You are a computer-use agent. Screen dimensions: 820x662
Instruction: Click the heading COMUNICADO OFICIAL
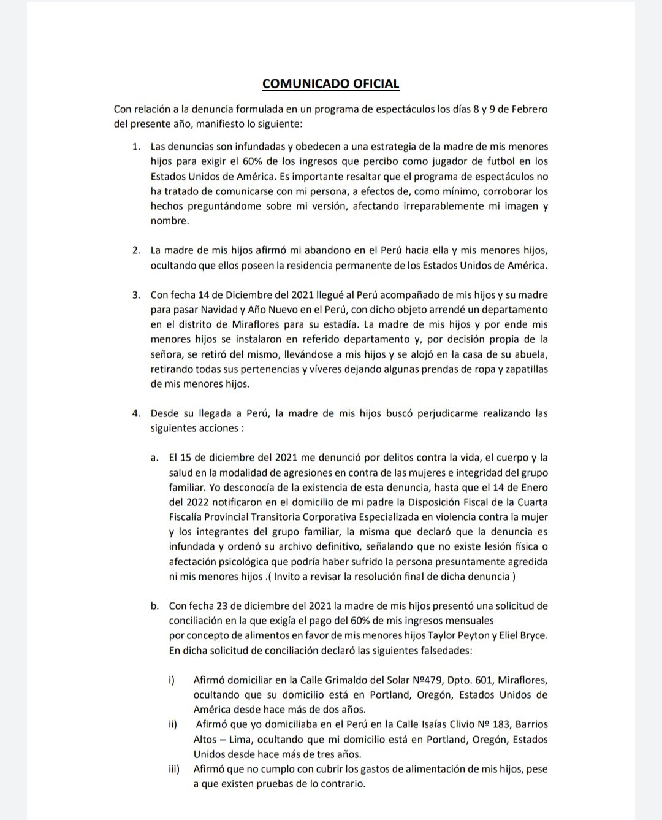(x=330, y=83)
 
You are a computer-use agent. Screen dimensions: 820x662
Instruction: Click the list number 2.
(x=136, y=251)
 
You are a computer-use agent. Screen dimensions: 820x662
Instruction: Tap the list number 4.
(x=136, y=413)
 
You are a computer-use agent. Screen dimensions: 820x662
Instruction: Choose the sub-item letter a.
(x=154, y=458)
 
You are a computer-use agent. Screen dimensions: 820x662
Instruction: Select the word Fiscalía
(x=189, y=517)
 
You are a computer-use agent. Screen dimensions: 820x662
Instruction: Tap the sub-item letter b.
(x=154, y=606)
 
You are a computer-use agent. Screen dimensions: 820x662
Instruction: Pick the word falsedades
(x=438, y=651)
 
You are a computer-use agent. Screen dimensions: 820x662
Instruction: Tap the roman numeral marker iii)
(x=174, y=769)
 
